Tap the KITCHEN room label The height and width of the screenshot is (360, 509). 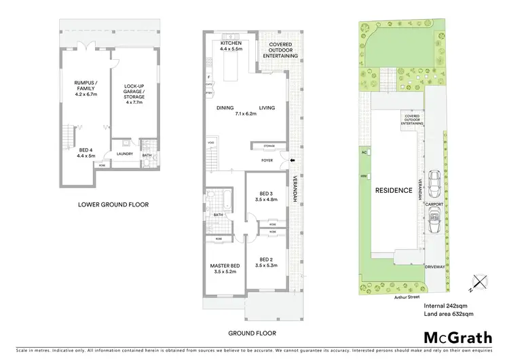[x=231, y=47]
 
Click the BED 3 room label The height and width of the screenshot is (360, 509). [x=262, y=197]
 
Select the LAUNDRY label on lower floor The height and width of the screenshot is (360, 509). [x=124, y=154]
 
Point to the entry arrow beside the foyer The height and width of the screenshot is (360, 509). [x=292, y=161]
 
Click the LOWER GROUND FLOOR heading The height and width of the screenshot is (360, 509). [x=113, y=204]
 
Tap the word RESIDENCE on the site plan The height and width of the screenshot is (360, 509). [x=394, y=190]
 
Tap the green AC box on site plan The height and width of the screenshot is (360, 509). [x=364, y=152]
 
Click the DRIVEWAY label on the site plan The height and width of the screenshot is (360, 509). [x=435, y=267]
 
